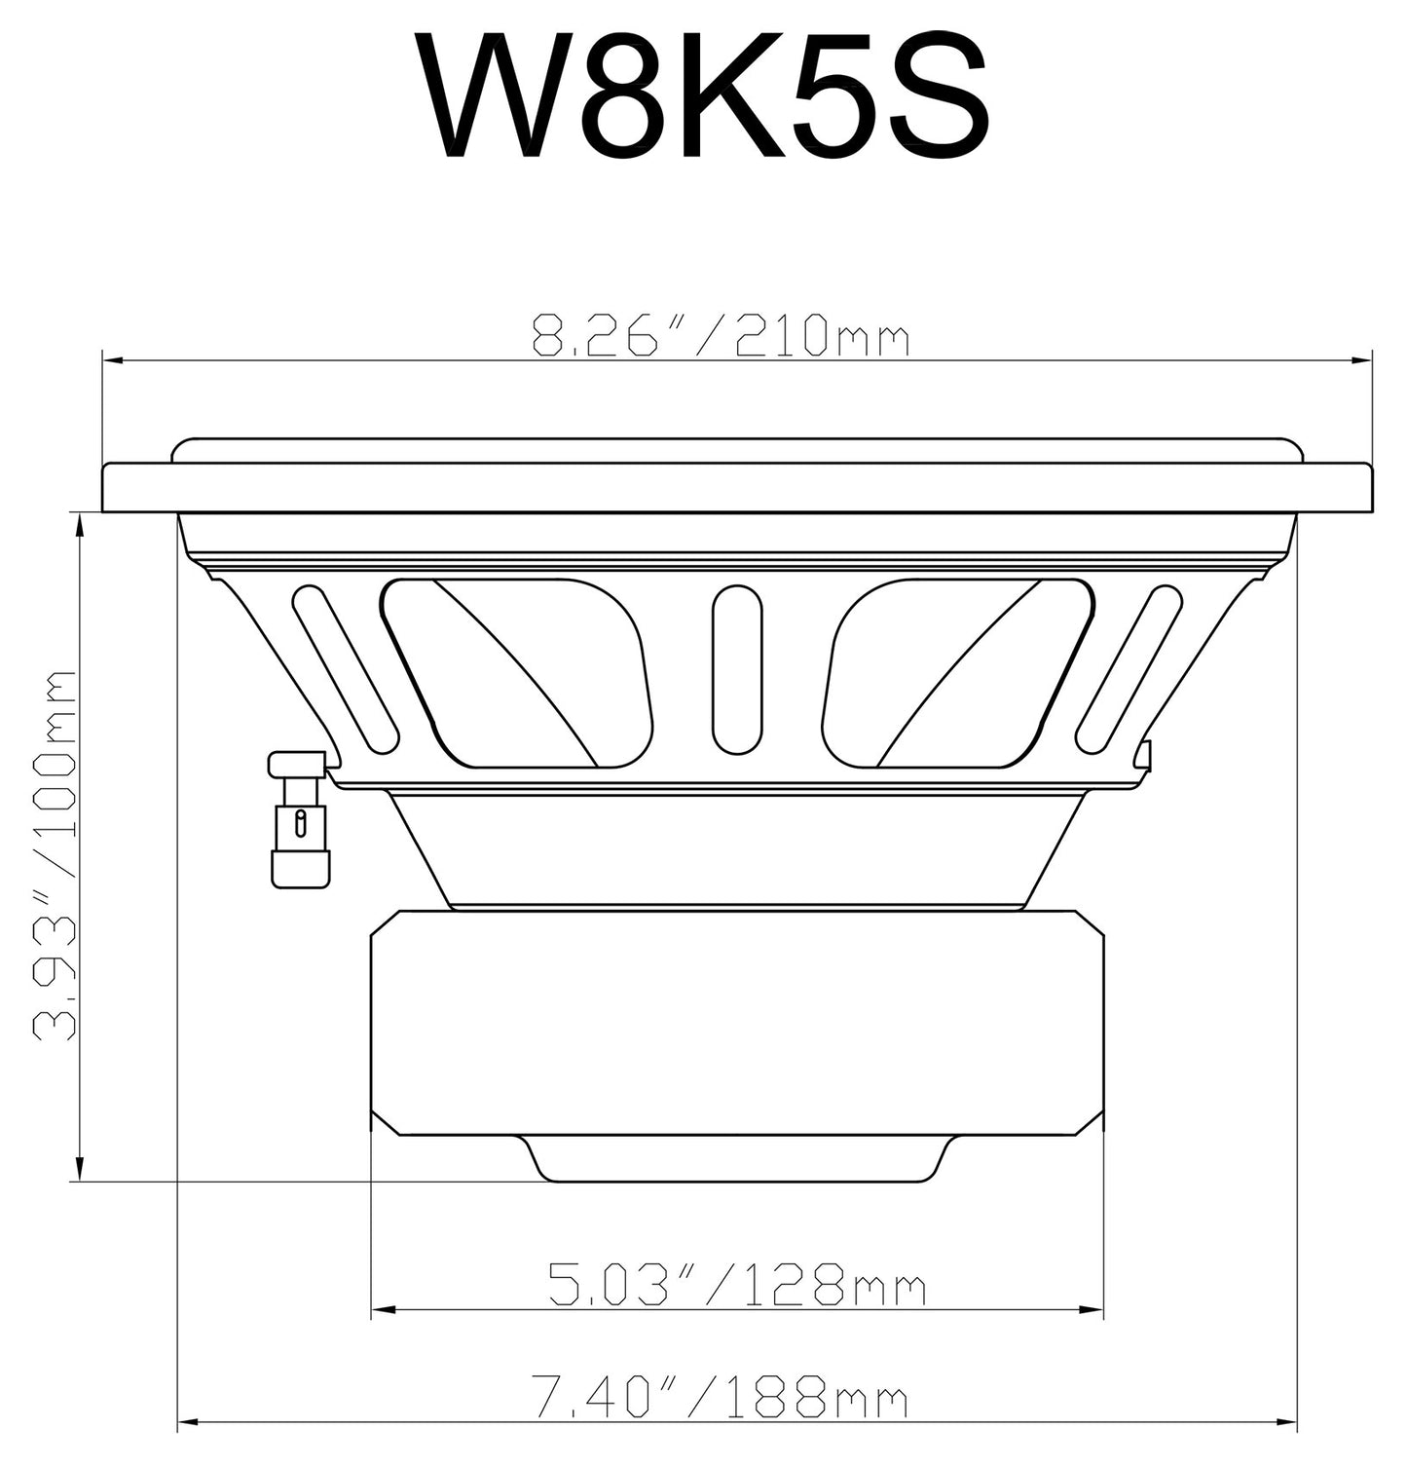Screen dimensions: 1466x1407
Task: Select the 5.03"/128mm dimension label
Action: click(736, 1284)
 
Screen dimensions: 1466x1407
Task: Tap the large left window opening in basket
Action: click(516, 672)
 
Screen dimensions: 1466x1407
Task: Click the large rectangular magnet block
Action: click(737, 1023)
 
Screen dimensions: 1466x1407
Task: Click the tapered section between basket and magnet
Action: click(737, 847)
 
